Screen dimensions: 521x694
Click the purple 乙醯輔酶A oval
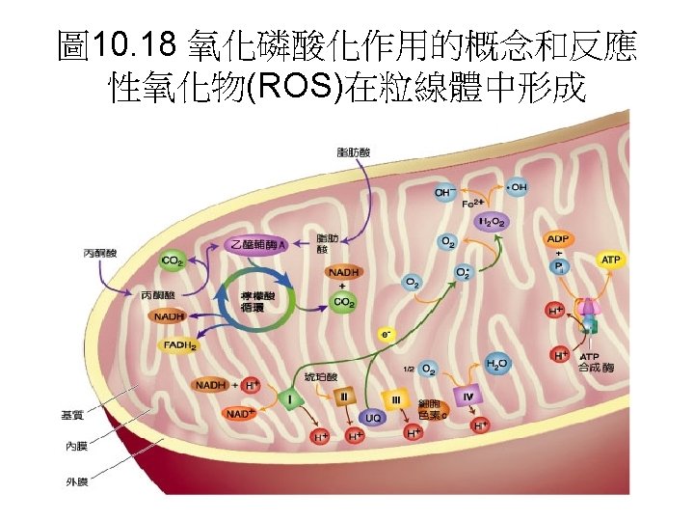pos(257,245)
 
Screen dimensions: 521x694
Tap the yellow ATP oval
pos(611,260)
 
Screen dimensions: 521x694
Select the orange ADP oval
pos(558,239)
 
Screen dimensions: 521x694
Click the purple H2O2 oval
pos(493,222)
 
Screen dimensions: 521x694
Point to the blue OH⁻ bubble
pos(443,192)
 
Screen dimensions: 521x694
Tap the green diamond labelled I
pos(289,398)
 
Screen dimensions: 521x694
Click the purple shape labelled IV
pos(467,396)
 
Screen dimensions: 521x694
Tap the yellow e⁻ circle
pos(387,335)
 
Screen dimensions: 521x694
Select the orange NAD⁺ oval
pos(238,414)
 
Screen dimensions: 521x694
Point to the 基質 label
pos(72,416)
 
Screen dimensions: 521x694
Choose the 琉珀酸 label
pos(322,374)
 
